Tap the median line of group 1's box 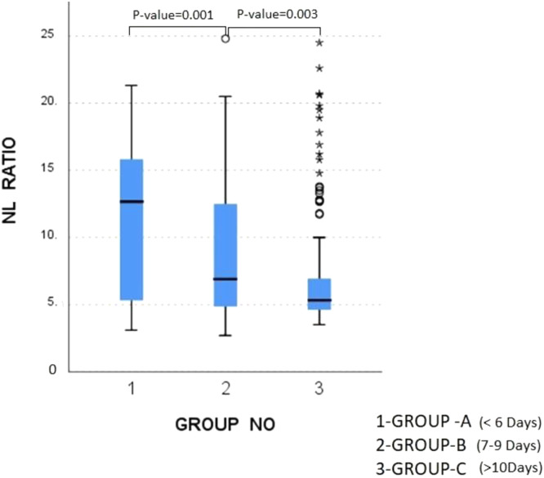(132, 201)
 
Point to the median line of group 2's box (225, 279)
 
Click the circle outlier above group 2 (225, 38)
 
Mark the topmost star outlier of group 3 (319, 42)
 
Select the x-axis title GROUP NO (225, 426)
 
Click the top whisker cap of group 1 (132, 85)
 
